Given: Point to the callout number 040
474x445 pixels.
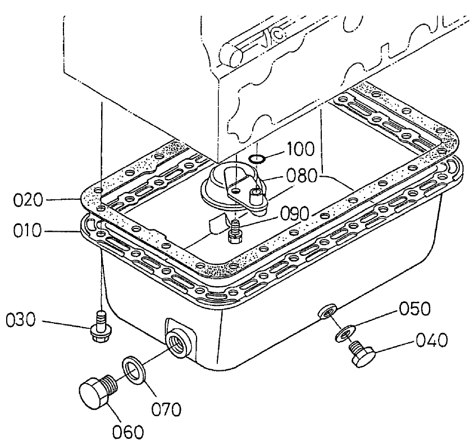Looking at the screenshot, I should [x=433, y=340].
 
